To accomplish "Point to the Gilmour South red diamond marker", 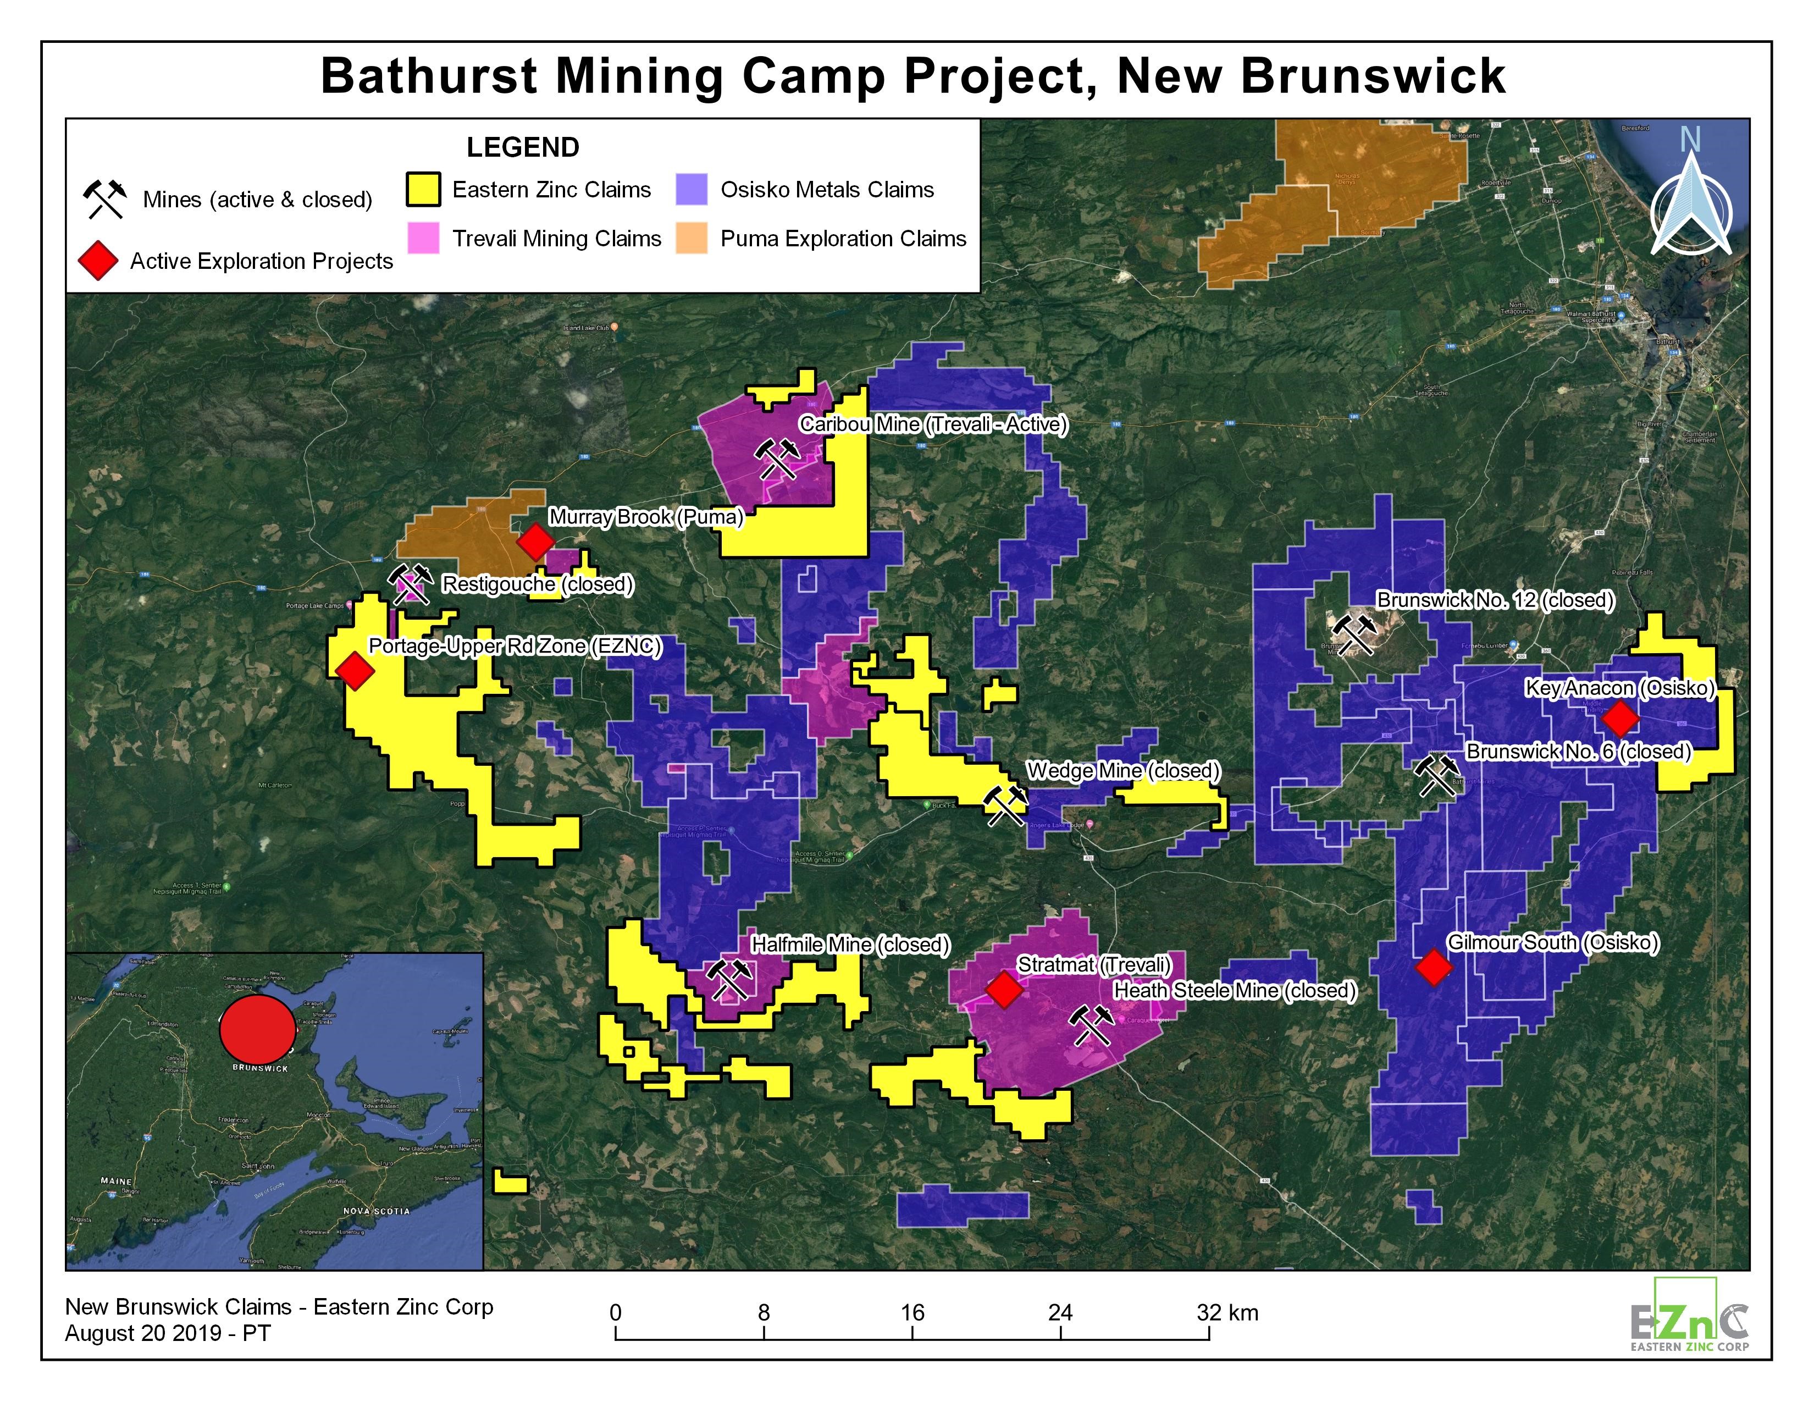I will tap(1434, 968).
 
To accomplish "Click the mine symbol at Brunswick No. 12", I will tap(1354, 634).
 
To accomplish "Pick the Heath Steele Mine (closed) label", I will tap(1235, 991).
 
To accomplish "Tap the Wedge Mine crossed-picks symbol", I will tap(1005, 805).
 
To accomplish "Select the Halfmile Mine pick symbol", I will tap(730, 980).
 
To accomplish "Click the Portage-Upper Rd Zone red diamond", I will tap(355, 670).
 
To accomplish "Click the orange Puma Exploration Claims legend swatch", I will tap(691, 239).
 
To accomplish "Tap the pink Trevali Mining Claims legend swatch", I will tap(424, 239).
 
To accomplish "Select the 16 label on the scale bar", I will tap(912, 1312).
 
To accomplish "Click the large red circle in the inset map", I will tap(257, 1028).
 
